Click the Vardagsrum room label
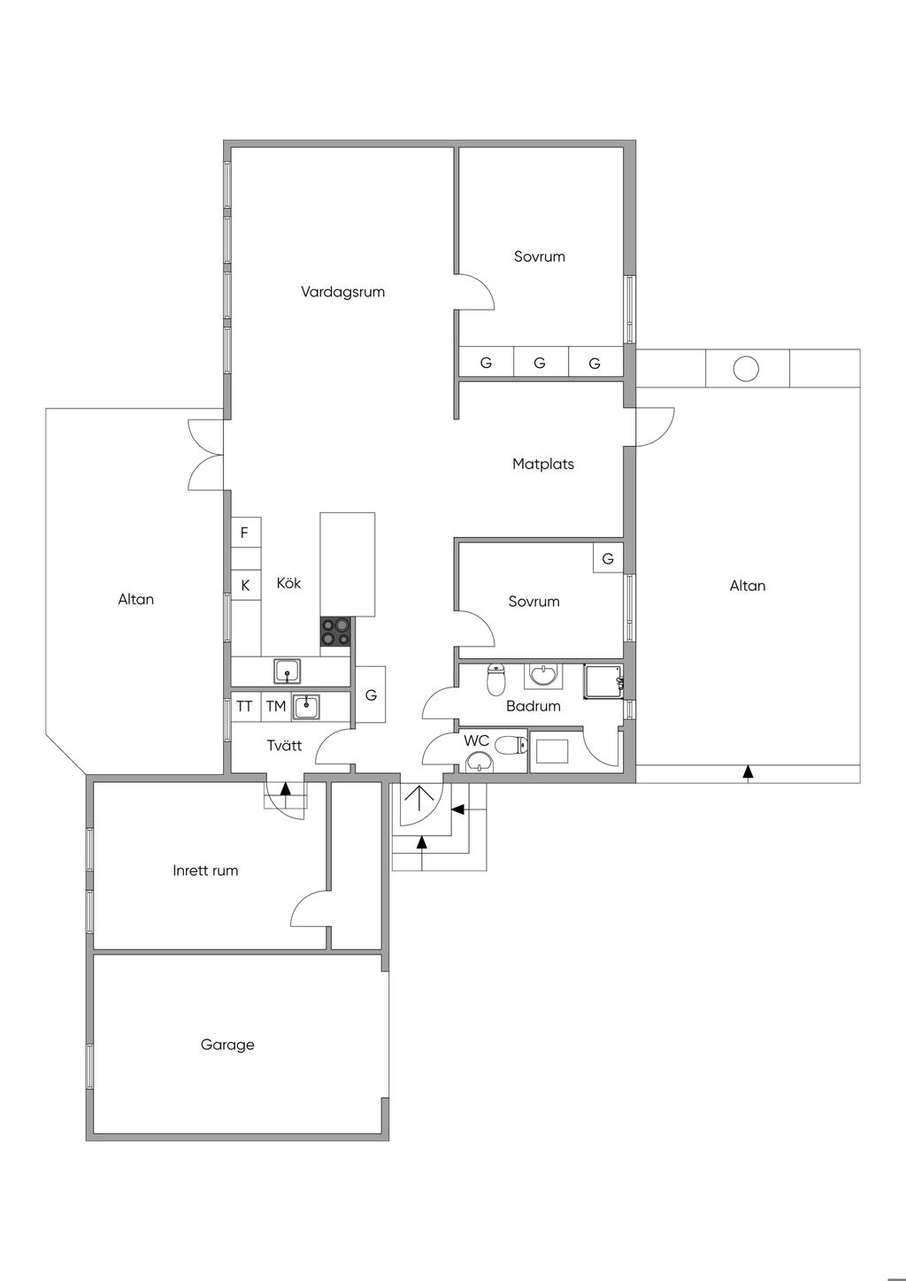[x=342, y=292]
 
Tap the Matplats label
[x=543, y=464]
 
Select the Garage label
[x=227, y=1045]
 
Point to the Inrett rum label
[x=205, y=871]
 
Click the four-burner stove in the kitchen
[x=336, y=632]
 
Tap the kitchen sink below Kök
[x=287, y=671]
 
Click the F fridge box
[x=245, y=533]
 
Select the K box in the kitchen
[x=245, y=586]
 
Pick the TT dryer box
[x=244, y=706]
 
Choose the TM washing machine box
[x=276, y=706]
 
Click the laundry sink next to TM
[x=306, y=706]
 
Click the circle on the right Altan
[x=747, y=368]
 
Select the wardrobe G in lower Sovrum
[x=608, y=559]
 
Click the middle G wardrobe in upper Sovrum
[x=540, y=363]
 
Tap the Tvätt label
[x=284, y=746]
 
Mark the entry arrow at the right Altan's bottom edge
[x=748, y=772]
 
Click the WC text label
[x=477, y=740]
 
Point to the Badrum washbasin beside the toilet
[x=541, y=677]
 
